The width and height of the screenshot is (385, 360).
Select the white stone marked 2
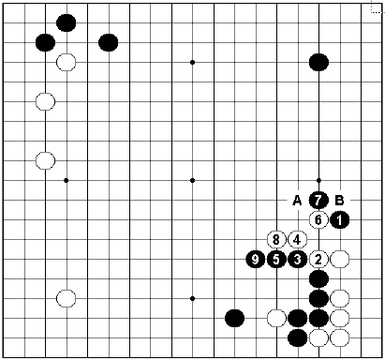[x=318, y=259]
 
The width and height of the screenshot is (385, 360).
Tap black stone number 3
[x=298, y=259]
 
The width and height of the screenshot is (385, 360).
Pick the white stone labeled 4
[x=298, y=239]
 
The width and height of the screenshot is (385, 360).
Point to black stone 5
[x=276, y=259]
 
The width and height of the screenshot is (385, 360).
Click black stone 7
[x=318, y=200]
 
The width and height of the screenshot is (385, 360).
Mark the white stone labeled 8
[x=276, y=239]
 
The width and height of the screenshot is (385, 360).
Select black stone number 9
[x=256, y=259]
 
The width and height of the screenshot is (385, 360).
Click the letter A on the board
[x=297, y=200]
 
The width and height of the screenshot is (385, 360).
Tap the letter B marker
[x=340, y=200]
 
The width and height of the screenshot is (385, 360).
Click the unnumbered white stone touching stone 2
[x=340, y=259]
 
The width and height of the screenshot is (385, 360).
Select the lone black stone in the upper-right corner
[x=318, y=62]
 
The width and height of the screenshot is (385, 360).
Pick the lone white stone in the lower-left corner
[x=66, y=298]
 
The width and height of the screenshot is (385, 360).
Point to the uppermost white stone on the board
[x=66, y=62]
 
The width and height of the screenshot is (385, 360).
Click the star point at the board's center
[x=192, y=180]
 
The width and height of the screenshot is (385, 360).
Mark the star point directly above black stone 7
[x=318, y=180]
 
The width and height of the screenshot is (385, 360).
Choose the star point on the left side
[x=66, y=180]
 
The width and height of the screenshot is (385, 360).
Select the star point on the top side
[x=192, y=62]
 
